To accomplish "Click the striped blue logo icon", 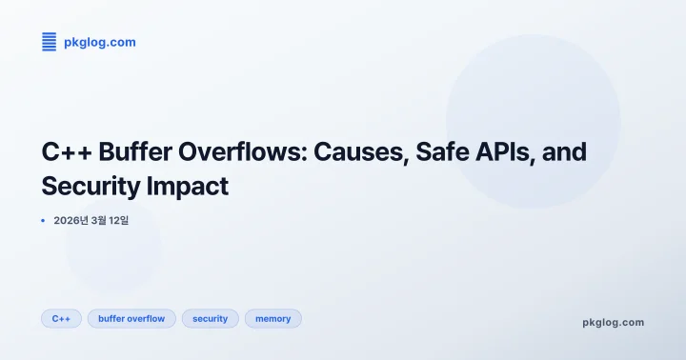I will click(x=50, y=41).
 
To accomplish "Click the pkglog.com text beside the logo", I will click(x=99, y=42).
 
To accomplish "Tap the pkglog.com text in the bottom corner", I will click(x=613, y=322).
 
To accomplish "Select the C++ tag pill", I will click(x=61, y=318).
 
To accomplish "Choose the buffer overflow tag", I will click(x=131, y=318).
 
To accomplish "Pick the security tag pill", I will click(x=210, y=318).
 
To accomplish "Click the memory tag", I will click(x=272, y=318).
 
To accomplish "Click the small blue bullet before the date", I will click(x=43, y=220).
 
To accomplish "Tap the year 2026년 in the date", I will click(x=71, y=220).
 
